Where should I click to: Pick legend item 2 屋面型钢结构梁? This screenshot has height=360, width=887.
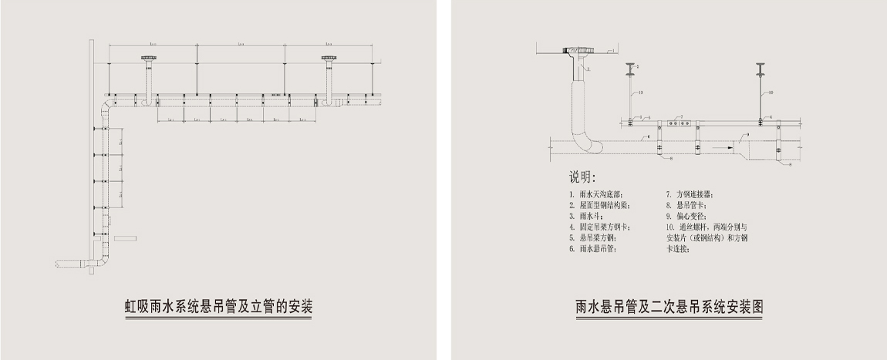tap(599, 206)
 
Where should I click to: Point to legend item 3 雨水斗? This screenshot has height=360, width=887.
tap(589, 217)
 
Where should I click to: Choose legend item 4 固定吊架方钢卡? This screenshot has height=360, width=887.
tap(599, 227)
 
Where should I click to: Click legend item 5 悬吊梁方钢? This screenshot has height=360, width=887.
tap(594, 238)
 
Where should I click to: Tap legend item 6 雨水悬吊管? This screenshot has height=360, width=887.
tap(594, 249)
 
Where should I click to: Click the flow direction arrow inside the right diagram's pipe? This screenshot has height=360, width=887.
tap(720, 145)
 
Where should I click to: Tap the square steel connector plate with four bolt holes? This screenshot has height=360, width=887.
tap(676, 122)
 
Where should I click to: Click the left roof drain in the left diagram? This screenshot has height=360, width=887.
tap(147, 59)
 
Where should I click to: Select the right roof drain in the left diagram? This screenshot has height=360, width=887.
tap(328, 59)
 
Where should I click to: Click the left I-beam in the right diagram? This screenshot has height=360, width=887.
tap(630, 69)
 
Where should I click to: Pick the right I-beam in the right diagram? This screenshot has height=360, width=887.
tap(760, 69)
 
